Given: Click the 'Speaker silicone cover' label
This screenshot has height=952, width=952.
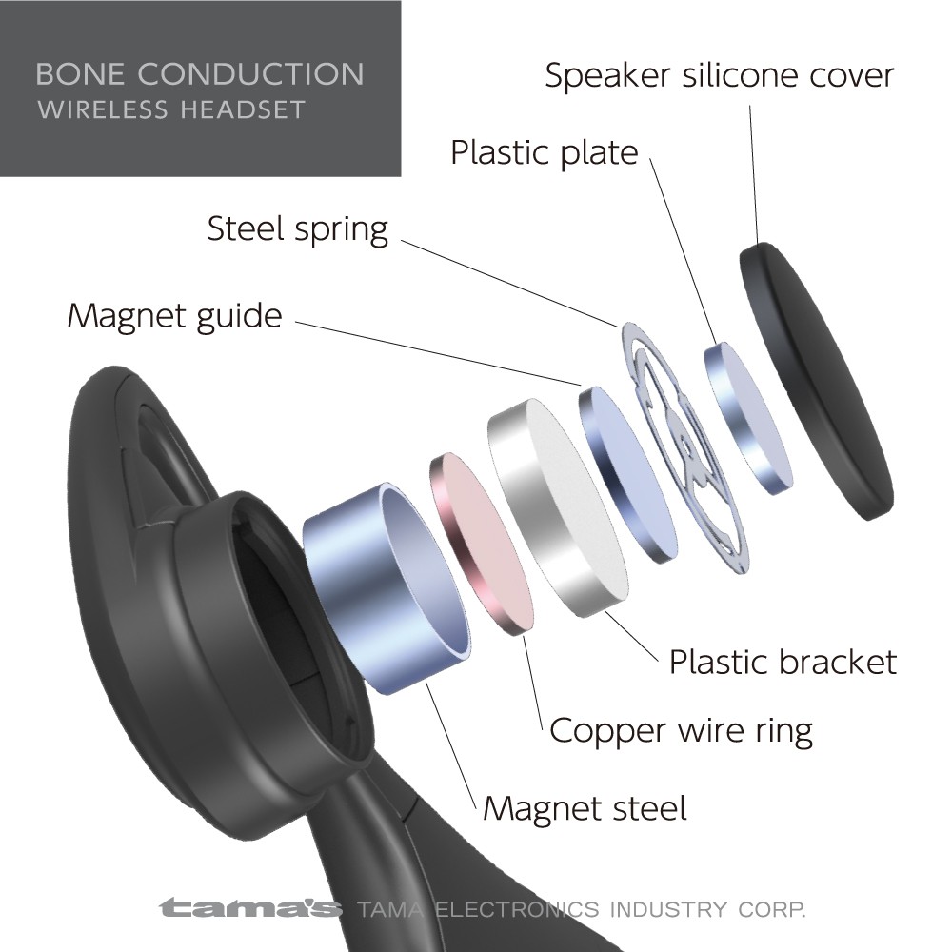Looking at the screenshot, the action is [x=720, y=75].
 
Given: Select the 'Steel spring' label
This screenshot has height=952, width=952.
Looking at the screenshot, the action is [x=297, y=230].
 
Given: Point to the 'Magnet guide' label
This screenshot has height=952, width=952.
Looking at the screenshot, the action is [x=175, y=316].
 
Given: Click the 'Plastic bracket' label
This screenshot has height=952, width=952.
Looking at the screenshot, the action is [x=783, y=662].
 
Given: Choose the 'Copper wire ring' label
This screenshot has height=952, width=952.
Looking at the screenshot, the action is [x=681, y=730].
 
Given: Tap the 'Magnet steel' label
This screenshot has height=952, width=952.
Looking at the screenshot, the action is [x=585, y=808].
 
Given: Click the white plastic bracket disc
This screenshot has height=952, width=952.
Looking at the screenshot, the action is [x=557, y=507].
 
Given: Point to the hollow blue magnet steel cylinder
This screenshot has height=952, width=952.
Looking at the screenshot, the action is [x=387, y=587].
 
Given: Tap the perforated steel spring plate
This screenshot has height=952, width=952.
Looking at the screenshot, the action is [x=684, y=448].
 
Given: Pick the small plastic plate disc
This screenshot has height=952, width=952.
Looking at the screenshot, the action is [x=747, y=418].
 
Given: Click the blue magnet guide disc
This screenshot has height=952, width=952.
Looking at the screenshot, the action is [x=627, y=474].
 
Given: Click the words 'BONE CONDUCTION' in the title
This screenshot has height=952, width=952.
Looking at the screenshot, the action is [x=200, y=74].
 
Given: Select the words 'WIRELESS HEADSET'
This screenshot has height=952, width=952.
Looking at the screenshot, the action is [x=171, y=109].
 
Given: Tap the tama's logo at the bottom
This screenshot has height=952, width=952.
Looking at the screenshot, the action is [x=250, y=908].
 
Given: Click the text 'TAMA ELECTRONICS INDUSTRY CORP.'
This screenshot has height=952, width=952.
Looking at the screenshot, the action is [x=581, y=909].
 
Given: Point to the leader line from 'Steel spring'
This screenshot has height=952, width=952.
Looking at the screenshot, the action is [x=508, y=284].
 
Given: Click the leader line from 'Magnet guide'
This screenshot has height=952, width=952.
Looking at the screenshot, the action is [x=438, y=353].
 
